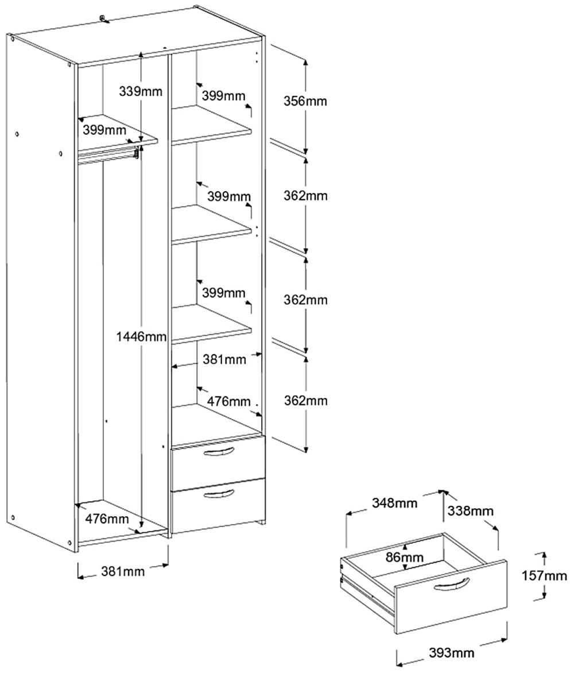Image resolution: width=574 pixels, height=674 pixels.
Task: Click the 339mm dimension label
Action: click(x=141, y=91)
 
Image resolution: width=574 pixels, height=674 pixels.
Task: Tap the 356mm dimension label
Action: click(x=305, y=101)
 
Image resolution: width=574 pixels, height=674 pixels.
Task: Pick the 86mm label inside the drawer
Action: click(x=405, y=557)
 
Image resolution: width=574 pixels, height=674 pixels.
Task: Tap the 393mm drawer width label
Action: click(x=452, y=652)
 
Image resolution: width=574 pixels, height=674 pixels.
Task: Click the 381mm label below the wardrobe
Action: click(x=123, y=571)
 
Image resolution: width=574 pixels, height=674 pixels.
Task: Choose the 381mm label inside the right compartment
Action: click(x=224, y=360)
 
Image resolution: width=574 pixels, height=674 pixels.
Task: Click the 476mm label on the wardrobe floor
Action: click(x=107, y=520)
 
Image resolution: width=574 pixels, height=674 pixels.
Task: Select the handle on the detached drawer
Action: click(x=452, y=585)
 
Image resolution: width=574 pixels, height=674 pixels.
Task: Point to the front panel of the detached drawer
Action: click(x=453, y=603)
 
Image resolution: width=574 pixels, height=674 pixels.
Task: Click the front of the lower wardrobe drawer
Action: click(x=218, y=508)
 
